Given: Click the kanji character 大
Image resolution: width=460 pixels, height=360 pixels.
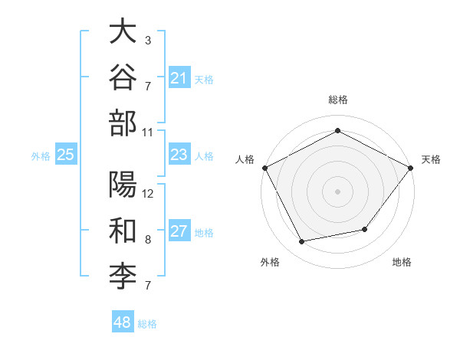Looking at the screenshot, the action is coord(123,31).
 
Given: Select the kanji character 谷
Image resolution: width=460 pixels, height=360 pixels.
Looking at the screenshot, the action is coord(123,77).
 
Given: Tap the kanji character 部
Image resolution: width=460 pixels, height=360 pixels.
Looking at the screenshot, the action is coord(123,123).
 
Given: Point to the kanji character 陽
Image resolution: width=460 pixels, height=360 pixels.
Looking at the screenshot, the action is coord(123,184).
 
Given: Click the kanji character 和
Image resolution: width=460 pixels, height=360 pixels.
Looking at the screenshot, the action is coord(123,231).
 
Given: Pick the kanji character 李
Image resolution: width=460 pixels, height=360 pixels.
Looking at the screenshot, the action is coord(123,277).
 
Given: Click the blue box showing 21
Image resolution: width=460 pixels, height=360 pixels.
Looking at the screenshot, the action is coord(179,77).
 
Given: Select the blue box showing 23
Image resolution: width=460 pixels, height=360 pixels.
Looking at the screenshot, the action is coord(179,154).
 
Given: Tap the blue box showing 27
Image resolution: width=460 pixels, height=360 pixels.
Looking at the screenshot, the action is coord(179,230).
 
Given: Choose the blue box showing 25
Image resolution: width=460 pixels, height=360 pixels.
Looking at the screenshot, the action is coord(66,154).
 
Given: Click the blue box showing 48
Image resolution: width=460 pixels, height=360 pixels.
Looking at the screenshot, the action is coord(123,321).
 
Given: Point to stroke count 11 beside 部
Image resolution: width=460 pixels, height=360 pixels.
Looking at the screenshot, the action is coord(147,133).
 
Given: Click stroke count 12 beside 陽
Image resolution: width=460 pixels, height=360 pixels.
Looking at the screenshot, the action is coord(147,194).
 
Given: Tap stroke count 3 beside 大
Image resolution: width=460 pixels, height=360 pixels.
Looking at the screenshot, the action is coord(148,41).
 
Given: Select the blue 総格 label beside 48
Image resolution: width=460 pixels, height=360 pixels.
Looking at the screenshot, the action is coord(147,324).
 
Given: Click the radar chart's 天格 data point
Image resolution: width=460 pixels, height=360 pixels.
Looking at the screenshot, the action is coord(410,168).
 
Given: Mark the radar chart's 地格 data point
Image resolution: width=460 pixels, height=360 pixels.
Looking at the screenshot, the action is coord(365,229).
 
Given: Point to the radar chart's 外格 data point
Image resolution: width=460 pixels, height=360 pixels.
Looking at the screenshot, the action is coord(301,241).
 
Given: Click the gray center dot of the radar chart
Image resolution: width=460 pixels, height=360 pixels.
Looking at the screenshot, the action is coord(337,191).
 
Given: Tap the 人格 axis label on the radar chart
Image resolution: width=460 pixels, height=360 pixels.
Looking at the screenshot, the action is coord(245,159).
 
